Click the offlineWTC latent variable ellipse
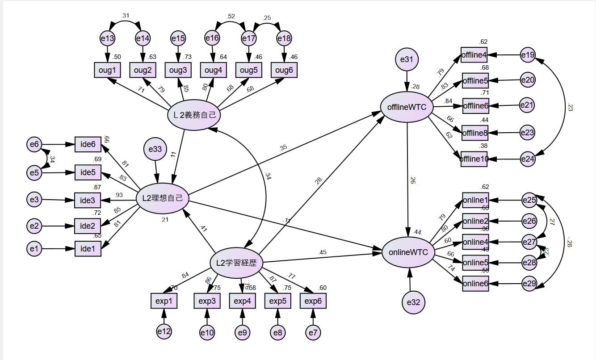point(407,108)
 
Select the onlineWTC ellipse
point(408,253)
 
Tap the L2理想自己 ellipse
point(163,198)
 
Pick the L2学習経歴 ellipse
point(236,263)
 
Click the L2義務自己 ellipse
point(194,115)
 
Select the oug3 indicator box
point(178,70)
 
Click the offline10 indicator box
point(474,159)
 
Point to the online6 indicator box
point(475,283)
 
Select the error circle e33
point(155,149)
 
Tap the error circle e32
point(413,302)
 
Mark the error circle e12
point(164,331)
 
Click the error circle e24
point(528,159)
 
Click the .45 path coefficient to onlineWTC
point(323,252)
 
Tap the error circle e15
point(178,39)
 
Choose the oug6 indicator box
point(284,70)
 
